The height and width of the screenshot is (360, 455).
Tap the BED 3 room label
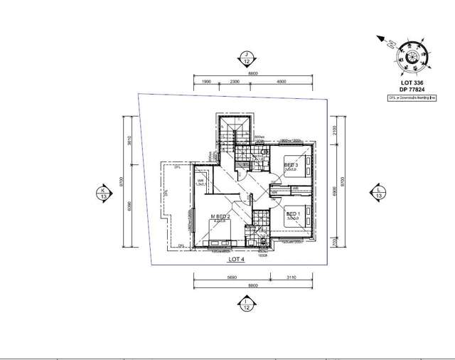click(290, 165)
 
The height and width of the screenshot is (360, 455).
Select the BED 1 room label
click(291, 214)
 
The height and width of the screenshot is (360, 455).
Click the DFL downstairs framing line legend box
click(412, 99)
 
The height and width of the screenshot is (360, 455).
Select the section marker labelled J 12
click(246, 56)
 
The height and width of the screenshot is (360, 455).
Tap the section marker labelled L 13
click(378, 192)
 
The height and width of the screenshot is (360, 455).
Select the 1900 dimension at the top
click(207, 82)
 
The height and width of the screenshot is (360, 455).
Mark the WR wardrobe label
click(201, 181)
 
